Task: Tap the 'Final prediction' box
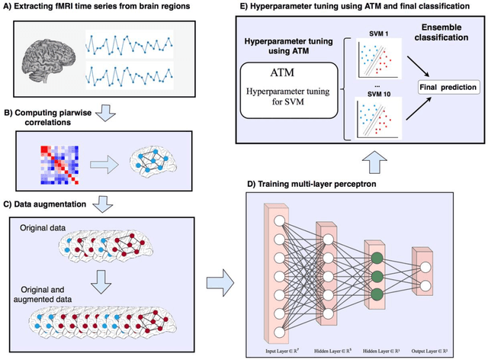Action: [443, 88]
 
